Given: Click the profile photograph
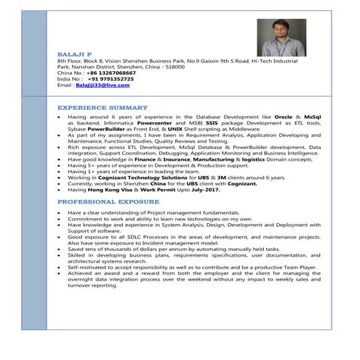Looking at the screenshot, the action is point(277,41).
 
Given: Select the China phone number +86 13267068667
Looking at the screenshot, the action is point(111,73).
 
